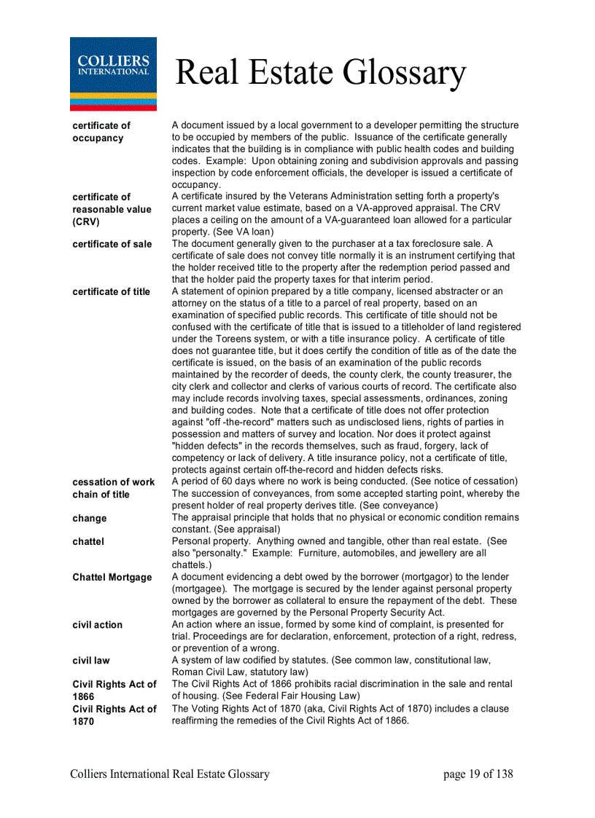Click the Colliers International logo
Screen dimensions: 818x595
[113, 74]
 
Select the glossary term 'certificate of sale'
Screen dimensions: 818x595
[112, 244]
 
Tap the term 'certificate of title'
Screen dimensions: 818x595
[111, 292]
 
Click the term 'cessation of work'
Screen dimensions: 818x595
[113, 482]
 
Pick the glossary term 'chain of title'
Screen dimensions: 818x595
[101, 495]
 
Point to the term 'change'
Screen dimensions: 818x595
[89, 519]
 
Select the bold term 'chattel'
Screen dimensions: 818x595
[88, 542]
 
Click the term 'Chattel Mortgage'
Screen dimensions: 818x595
[112, 578]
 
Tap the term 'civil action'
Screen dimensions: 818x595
[97, 625]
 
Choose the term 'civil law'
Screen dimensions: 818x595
[91, 661]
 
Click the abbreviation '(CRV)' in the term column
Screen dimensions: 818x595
[85, 221]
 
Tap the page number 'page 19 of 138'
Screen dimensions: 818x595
[478, 774]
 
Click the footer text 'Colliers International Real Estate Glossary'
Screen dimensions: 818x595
[170, 774]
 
